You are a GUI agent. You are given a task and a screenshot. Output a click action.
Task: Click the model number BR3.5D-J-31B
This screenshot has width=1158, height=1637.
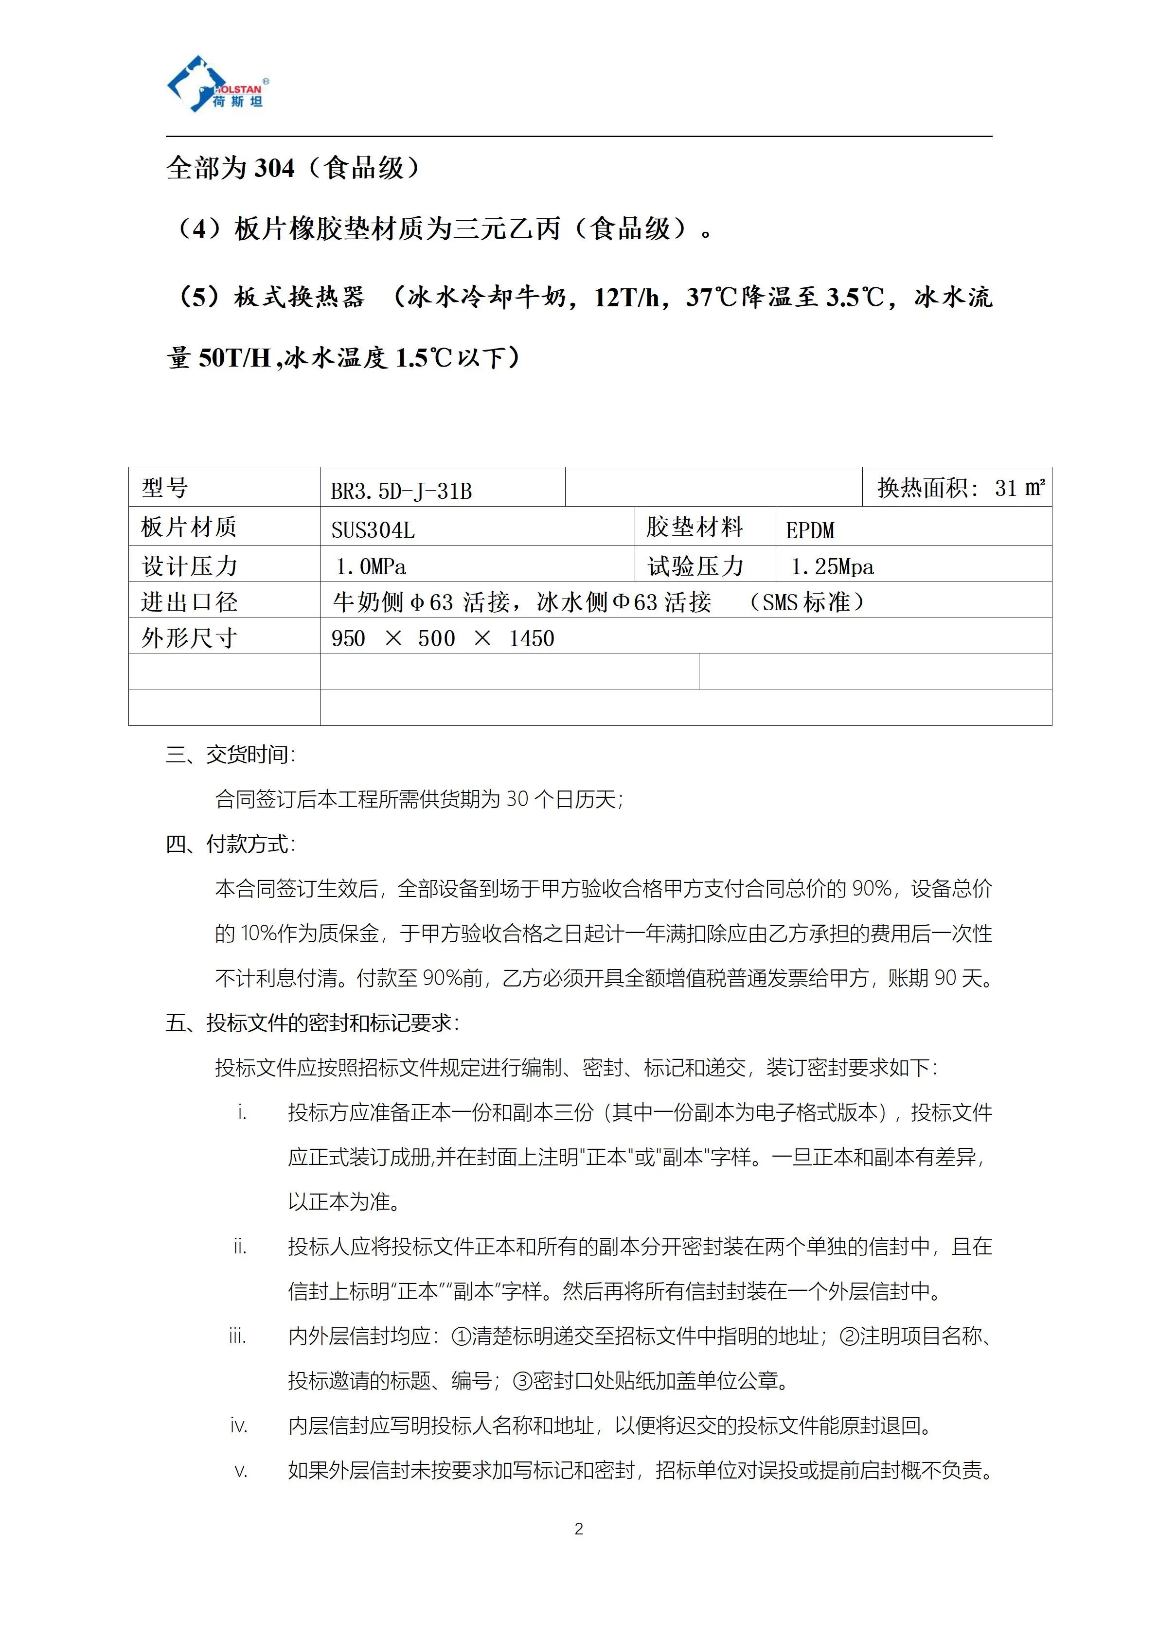[x=401, y=491]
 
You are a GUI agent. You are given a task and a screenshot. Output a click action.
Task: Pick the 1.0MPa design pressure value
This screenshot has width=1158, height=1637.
[x=371, y=567]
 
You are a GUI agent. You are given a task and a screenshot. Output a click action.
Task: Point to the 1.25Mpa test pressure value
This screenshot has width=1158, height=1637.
[x=832, y=567]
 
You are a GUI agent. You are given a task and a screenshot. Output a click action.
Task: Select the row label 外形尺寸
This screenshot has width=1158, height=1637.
[x=189, y=637]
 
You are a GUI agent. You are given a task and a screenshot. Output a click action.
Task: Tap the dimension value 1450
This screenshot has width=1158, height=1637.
[x=531, y=638]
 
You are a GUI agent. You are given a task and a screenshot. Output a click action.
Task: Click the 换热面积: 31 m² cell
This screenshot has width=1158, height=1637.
[x=960, y=488]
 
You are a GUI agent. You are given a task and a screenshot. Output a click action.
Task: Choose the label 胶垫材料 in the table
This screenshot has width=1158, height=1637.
[x=695, y=527]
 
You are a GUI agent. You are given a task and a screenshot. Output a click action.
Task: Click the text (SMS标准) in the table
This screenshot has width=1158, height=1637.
[x=806, y=602]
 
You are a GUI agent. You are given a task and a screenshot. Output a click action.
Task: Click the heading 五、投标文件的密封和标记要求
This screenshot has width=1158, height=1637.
[x=312, y=1023]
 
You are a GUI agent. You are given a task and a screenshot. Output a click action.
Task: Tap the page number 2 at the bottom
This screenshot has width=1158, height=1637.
[x=578, y=1529]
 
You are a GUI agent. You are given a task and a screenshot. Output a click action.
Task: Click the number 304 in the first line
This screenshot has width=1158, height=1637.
[x=274, y=168]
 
